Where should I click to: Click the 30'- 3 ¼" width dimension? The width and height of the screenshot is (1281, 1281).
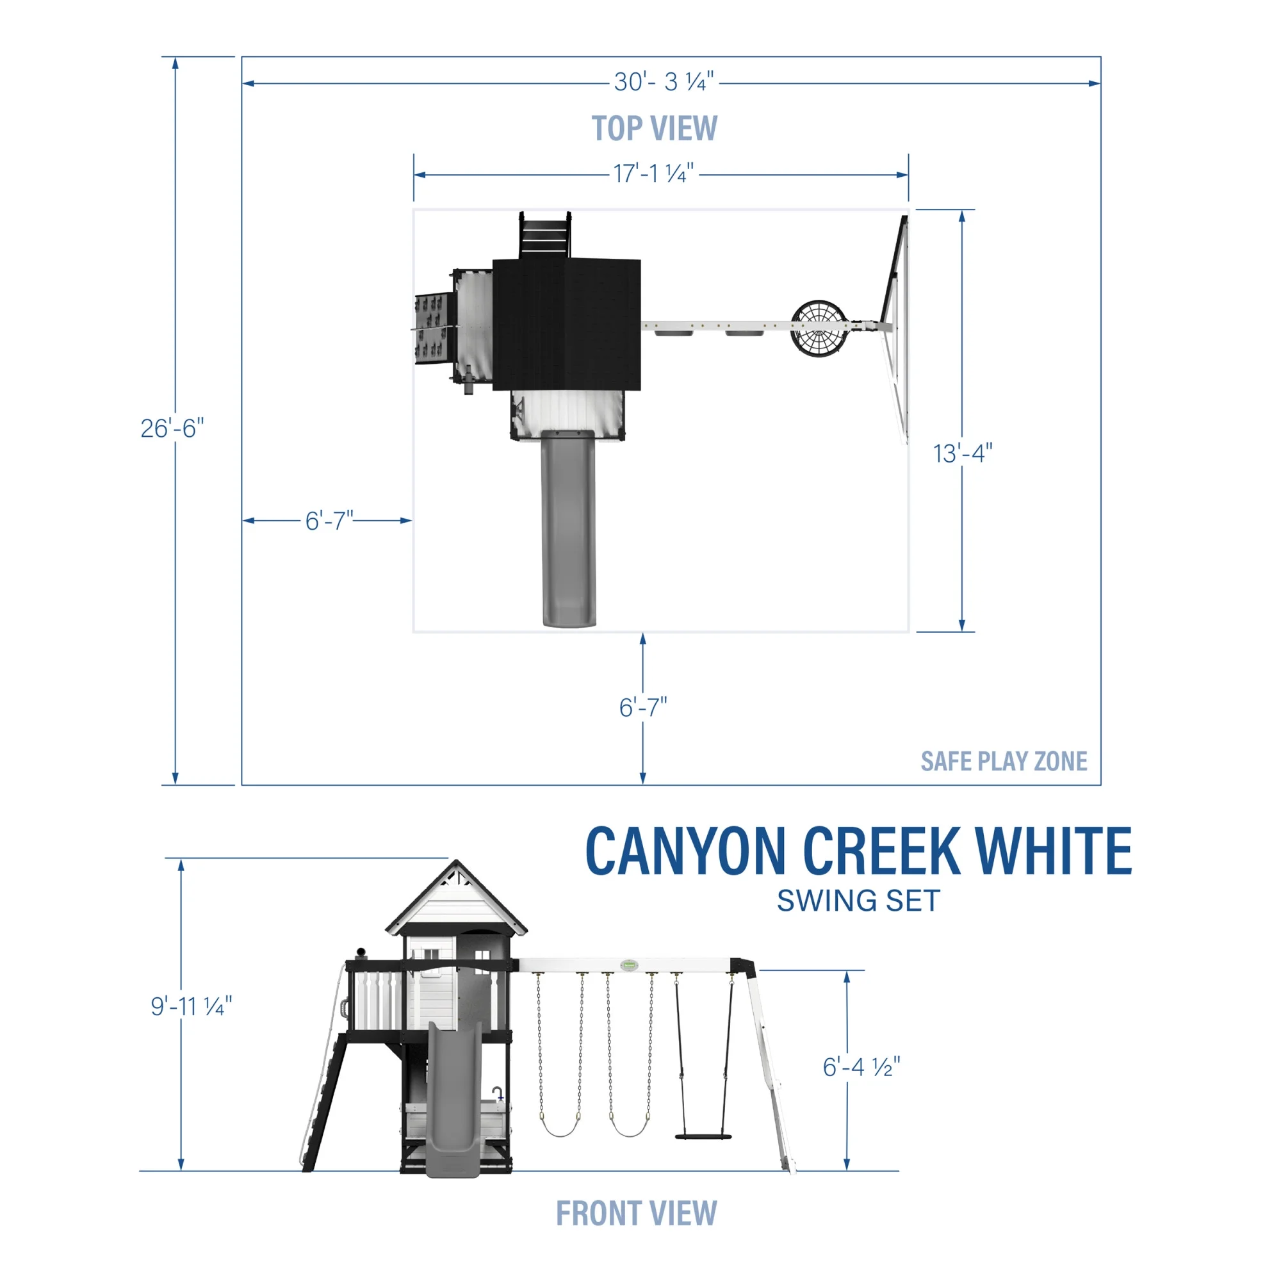(663, 82)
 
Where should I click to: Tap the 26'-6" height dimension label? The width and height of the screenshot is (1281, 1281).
(172, 428)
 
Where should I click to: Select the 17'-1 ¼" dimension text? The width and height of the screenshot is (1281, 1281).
(653, 174)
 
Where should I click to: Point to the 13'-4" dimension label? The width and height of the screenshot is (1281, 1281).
(962, 453)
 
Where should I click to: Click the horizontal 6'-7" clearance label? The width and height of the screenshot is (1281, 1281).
(329, 521)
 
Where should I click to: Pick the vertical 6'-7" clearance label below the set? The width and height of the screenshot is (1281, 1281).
(642, 708)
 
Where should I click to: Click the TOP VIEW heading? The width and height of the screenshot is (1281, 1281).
(654, 128)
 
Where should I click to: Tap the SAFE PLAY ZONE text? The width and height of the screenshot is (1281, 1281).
(1003, 761)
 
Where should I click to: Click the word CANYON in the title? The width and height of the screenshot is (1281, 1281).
(685, 852)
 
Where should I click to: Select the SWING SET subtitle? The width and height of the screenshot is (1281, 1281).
(858, 901)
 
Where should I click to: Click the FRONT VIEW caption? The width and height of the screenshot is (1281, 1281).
(636, 1213)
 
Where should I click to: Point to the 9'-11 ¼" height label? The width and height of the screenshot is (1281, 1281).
(191, 1006)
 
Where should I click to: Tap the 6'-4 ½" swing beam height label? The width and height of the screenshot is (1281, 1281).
(861, 1067)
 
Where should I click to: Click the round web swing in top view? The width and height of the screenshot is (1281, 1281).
(820, 326)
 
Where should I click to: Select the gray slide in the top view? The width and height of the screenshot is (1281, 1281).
(568, 530)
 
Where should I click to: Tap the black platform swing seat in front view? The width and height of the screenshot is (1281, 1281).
(703, 1137)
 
